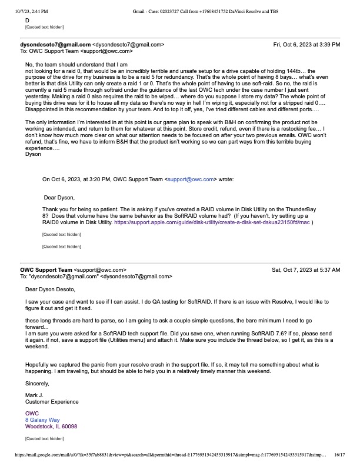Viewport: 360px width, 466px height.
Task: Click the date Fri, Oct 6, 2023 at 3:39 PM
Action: [x=306, y=44]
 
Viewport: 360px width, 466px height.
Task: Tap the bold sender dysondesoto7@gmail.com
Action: [x=56, y=44]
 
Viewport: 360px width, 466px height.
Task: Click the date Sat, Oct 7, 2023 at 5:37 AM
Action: [x=306, y=269]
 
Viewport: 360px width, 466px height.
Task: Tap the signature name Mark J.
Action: [x=35, y=394]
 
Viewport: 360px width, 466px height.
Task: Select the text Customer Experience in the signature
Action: [x=52, y=401]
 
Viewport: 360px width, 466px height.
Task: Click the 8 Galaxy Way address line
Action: [x=42, y=420]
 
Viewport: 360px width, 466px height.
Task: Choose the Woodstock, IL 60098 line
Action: [x=51, y=427]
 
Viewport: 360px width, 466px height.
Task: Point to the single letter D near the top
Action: [x=27, y=20]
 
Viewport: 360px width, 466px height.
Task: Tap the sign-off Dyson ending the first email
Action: [x=33, y=154]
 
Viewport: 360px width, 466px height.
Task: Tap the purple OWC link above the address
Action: [x=31, y=413]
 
